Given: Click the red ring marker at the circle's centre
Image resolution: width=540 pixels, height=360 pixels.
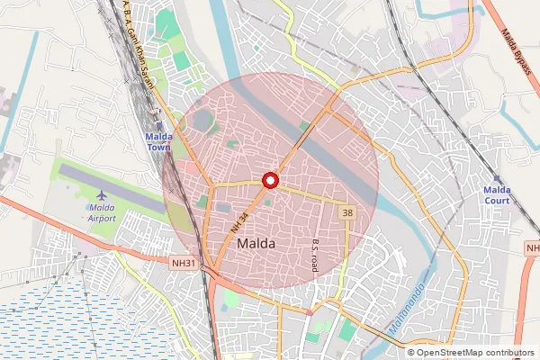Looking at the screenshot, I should click(269, 180).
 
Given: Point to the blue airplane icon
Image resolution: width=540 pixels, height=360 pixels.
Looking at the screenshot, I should click(102, 194).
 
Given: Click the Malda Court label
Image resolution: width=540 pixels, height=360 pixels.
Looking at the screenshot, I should click(497, 195).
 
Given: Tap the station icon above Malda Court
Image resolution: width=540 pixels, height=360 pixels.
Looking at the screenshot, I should click(498, 178).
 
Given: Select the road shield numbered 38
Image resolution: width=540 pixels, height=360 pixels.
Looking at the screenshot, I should click(346, 211).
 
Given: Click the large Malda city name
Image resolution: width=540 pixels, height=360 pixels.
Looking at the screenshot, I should click(256, 243).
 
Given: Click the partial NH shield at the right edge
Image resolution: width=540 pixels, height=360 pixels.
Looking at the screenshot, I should click(533, 247).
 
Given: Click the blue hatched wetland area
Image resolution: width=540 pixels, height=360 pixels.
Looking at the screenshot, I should click(72, 315).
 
